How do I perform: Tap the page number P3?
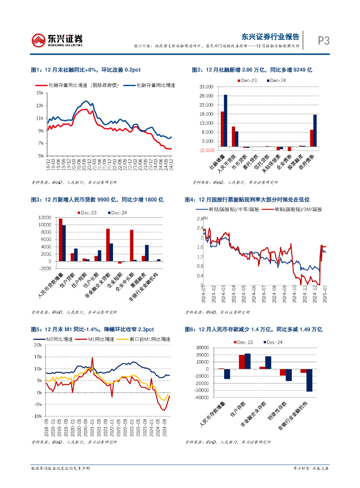324,41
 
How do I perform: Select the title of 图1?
86,70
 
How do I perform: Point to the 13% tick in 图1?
40,106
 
